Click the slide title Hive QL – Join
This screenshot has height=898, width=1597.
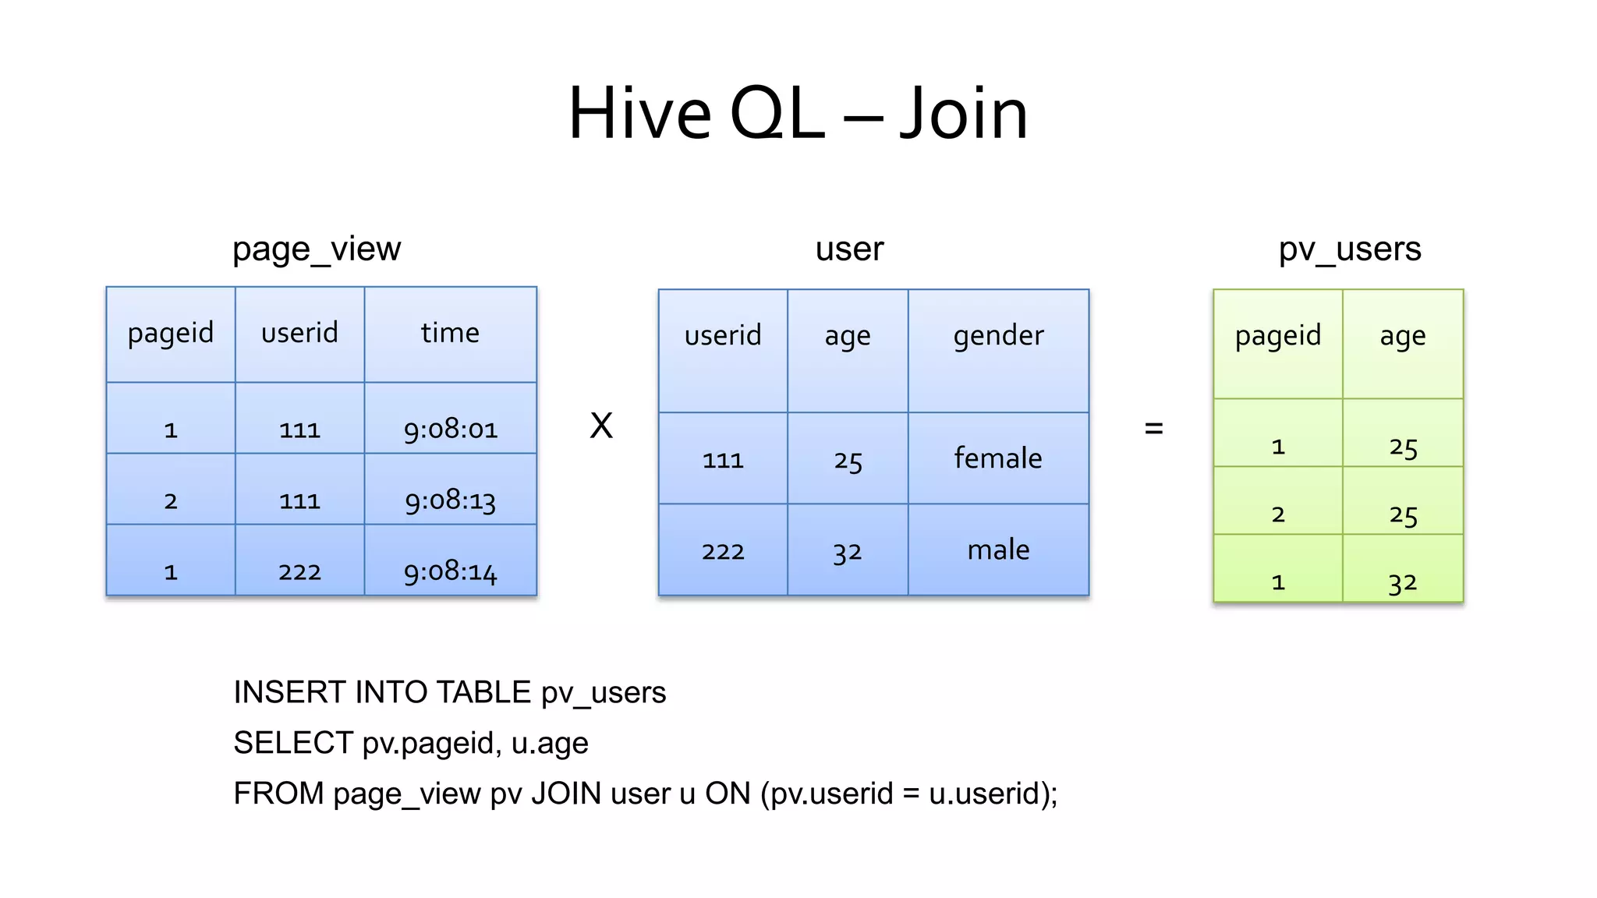coord(798,114)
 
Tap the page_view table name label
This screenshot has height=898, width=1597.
coord(317,249)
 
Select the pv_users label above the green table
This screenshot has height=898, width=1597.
coord(1349,249)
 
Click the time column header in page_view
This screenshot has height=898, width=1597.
coord(450,333)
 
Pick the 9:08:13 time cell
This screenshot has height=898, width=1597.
coord(450,500)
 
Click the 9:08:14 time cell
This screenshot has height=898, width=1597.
coord(450,572)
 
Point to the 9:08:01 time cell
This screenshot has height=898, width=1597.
coord(450,429)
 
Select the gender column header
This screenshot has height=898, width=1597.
coord(998,336)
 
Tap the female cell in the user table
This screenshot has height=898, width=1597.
coord(998,458)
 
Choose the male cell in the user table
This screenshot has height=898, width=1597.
coord(998,550)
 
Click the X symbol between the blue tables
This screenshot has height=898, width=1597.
coord(601,426)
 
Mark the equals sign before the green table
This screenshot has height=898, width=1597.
coord(1153,428)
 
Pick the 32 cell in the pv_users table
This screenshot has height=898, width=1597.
coord(1402,582)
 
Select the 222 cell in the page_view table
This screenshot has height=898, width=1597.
coord(299,572)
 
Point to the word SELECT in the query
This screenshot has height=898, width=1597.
coord(293,743)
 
